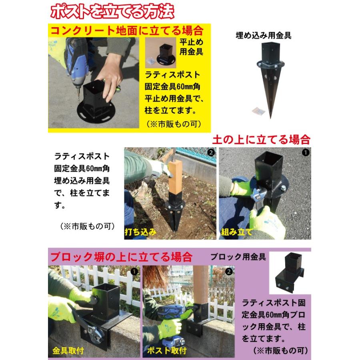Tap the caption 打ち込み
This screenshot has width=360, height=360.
pos(140,232)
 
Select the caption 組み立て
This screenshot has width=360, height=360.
pos(237,232)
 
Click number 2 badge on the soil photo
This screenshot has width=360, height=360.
pos(211,152)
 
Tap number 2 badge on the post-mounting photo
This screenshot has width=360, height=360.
pos(229,271)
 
